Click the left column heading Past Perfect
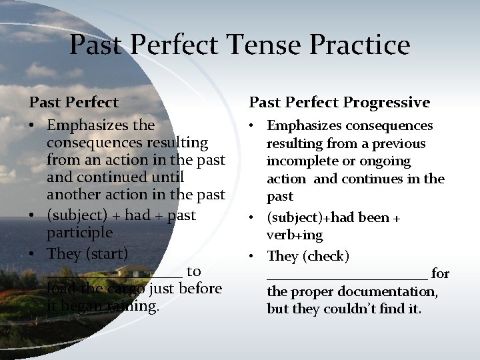pos(73,102)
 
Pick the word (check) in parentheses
pos(327,256)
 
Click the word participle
pos(79,233)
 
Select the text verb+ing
pos(295,235)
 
